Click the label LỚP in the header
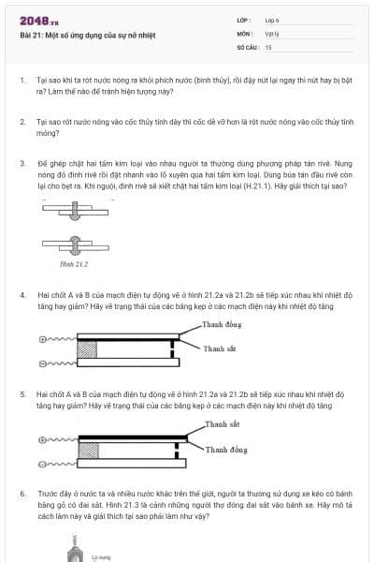tap(244, 20)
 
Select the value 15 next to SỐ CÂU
tap(268, 46)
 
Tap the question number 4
tap(22, 294)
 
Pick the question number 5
tap(22, 394)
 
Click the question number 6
tap(22, 492)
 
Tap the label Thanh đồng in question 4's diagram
tap(222, 324)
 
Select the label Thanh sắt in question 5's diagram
tap(222, 424)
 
